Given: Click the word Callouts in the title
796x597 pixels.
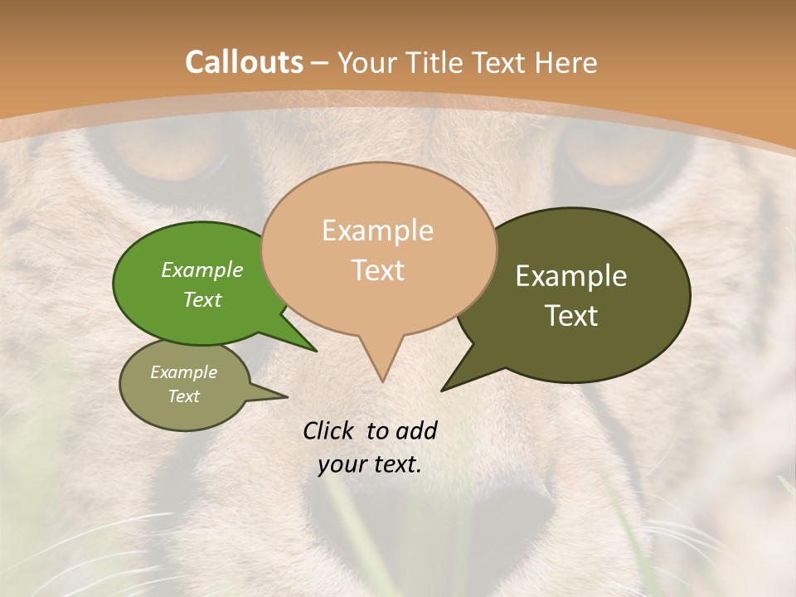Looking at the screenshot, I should (244, 62).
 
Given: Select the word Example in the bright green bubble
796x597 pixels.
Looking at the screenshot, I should (202, 269).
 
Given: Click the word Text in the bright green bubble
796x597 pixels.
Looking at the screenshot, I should (202, 299).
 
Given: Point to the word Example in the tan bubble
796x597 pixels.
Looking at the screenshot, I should (377, 231).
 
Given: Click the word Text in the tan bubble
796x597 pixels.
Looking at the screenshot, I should (378, 270).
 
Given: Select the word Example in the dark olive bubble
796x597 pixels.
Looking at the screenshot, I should (571, 276).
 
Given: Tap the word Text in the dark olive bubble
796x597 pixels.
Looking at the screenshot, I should (571, 316).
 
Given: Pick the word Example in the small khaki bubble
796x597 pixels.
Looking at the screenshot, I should (183, 372).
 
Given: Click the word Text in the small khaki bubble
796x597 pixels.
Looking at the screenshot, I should (183, 396).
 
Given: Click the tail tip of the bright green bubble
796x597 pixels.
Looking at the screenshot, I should (316, 351).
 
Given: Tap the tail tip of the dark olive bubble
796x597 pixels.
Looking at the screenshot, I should (443, 390).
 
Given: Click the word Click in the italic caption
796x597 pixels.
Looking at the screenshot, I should (328, 430).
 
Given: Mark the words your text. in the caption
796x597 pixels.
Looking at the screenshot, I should (370, 464).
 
